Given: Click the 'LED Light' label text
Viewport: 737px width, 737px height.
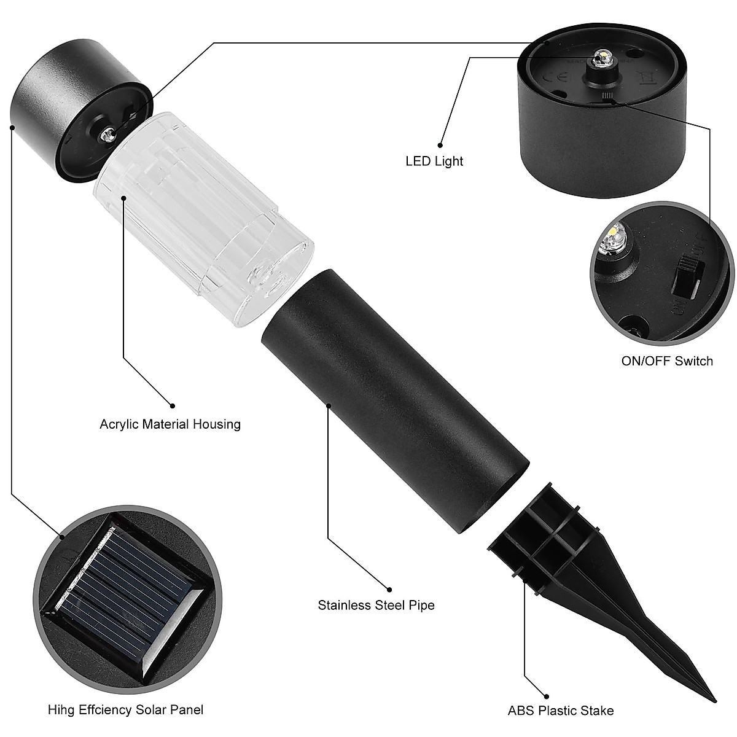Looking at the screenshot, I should click(434, 162).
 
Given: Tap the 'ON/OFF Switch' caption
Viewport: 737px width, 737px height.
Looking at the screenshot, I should click(667, 361).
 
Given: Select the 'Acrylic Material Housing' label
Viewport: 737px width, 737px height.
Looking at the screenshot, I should click(170, 424).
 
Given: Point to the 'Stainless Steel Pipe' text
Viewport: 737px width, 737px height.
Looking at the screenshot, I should click(376, 605).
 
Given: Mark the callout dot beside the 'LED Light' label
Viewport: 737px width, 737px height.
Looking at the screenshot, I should click(440, 145).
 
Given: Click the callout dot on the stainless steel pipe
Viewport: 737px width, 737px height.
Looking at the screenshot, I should click(329, 405).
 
